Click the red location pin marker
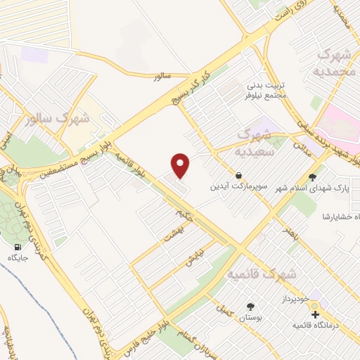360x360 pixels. tap(181, 165)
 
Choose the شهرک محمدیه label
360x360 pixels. tap(336, 63)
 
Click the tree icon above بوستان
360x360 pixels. tap(250, 307)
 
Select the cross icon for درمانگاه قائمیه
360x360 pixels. tap(315, 314)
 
